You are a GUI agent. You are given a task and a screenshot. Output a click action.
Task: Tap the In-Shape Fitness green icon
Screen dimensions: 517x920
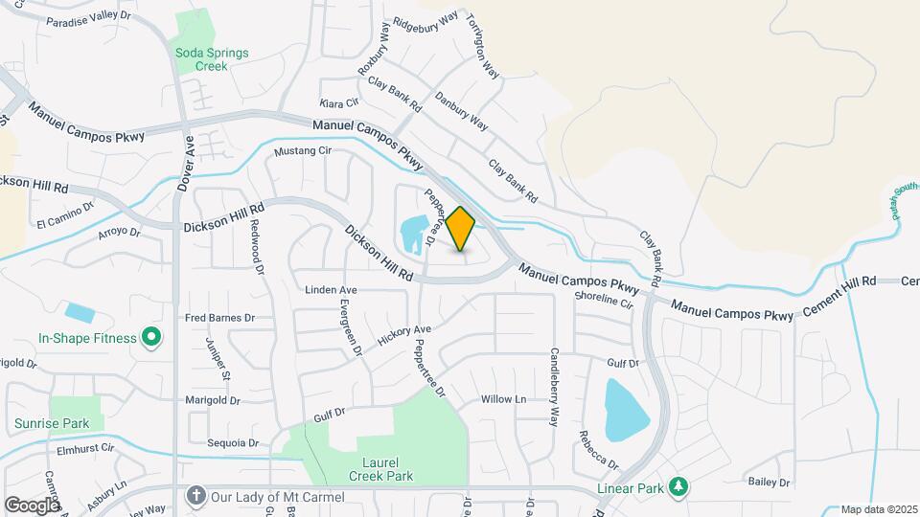(x=150, y=337)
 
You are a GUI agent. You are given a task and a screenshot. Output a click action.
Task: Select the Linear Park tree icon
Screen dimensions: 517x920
(x=678, y=487)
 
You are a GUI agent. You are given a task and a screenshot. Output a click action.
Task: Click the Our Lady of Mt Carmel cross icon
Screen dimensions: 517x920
(x=195, y=497)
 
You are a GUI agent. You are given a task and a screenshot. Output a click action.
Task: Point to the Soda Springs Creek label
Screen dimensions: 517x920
(x=211, y=59)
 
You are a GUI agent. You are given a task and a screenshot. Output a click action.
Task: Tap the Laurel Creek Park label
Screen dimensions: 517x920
(x=374, y=467)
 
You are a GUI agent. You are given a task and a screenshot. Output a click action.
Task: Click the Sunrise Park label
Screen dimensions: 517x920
(x=52, y=423)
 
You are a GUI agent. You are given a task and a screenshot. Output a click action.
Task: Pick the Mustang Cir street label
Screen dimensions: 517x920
(x=302, y=151)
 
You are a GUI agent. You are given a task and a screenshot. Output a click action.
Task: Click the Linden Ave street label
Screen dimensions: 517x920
(x=331, y=289)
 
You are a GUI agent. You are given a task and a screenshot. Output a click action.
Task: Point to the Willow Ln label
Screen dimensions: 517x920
(x=504, y=398)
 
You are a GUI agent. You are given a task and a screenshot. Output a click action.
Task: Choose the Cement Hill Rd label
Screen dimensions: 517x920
(x=842, y=281)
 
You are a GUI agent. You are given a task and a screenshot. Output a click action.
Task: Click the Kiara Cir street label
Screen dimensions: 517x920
(x=339, y=101)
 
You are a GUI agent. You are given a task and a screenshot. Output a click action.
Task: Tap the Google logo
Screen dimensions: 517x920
(x=31, y=505)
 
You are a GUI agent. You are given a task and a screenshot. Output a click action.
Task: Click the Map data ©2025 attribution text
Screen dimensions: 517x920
(x=879, y=509)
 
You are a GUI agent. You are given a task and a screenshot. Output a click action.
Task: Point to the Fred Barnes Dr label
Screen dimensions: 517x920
(x=220, y=317)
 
